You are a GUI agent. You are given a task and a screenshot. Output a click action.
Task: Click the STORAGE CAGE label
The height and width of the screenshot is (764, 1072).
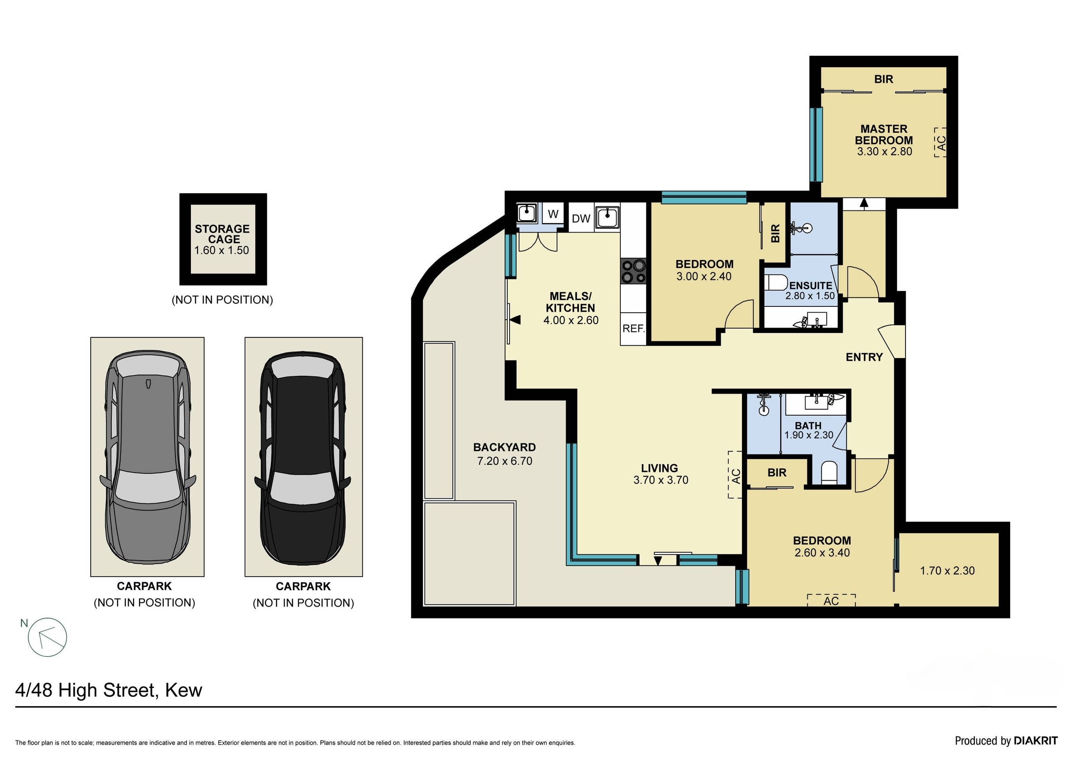pyautogui.click(x=222, y=234)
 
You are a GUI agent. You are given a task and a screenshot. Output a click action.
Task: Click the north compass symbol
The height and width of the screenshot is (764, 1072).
pyautogui.click(x=47, y=638)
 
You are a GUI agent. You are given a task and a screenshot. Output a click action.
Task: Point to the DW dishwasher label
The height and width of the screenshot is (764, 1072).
pyautogui.click(x=581, y=218)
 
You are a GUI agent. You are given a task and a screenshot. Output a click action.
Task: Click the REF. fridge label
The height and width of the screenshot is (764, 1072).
pyautogui.click(x=633, y=329)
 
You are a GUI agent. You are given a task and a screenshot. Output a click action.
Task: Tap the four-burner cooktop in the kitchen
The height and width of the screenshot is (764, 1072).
pyautogui.click(x=633, y=272)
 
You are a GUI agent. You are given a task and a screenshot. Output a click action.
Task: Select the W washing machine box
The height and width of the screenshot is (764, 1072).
pyautogui.click(x=553, y=214)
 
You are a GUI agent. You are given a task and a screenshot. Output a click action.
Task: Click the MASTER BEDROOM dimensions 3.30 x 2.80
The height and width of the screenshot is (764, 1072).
pyautogui.click(x=884, y=152)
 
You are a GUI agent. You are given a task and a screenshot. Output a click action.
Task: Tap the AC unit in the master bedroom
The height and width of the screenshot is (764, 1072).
pyautogui.click(x=940, y=142)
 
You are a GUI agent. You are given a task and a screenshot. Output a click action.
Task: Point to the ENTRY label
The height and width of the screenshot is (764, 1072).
pyautogui.click(x=864, y=357)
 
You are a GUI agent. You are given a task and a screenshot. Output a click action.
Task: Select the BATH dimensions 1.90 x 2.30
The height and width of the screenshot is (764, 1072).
pyautogui.click(x=809, y=435)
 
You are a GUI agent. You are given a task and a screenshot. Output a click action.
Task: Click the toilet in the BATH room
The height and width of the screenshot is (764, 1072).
pyautogui.click(x=829, y=472)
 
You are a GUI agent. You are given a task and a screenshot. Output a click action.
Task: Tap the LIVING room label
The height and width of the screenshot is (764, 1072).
pyautogui.click(x=659, y=468)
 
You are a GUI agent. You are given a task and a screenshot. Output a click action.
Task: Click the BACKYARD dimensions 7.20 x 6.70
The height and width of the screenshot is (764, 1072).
pyautogui.click(x=505, y=461)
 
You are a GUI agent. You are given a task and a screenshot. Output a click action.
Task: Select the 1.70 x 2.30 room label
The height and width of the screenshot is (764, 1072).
pyautogui.click(x=947, y=571)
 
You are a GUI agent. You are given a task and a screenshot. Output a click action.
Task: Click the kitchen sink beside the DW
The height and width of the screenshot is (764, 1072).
pyautogui.click(x=608, y=218)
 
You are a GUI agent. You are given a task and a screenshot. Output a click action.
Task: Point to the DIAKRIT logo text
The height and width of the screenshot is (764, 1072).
pyautogui.click(x=1035, y=741)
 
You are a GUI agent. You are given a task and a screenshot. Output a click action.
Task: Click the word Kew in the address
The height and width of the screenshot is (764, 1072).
pyautogui.click(x=183, y=690)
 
